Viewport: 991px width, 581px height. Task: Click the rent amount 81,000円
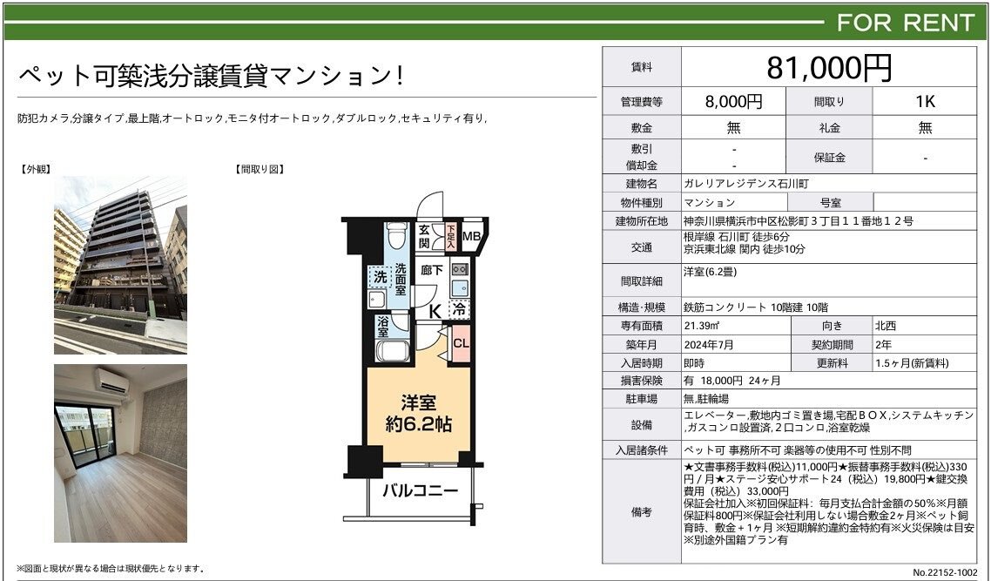coord(828,67)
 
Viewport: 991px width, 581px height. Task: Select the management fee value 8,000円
coord(734,101)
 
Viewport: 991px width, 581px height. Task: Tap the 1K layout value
coord(925,101)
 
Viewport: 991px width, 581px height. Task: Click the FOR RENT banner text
coord(905,23)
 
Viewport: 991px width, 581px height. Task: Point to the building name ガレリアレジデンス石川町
coord(745,184)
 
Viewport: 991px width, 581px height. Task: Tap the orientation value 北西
coord(886,327)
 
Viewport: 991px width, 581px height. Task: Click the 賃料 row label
coord(641,68)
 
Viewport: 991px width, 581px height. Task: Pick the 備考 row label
coord(641,512)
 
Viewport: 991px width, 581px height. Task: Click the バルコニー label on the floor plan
coord(420,491)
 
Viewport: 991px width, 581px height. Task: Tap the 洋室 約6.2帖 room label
coord(419,413)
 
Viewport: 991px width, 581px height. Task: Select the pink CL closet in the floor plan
coord(461,343)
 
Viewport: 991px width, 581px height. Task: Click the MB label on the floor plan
coord(471,236)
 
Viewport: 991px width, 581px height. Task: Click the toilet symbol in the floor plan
coord(396,236)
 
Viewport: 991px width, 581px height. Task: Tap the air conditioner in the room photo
coord(111,382)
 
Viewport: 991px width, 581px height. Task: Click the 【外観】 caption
coord(36,169)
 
